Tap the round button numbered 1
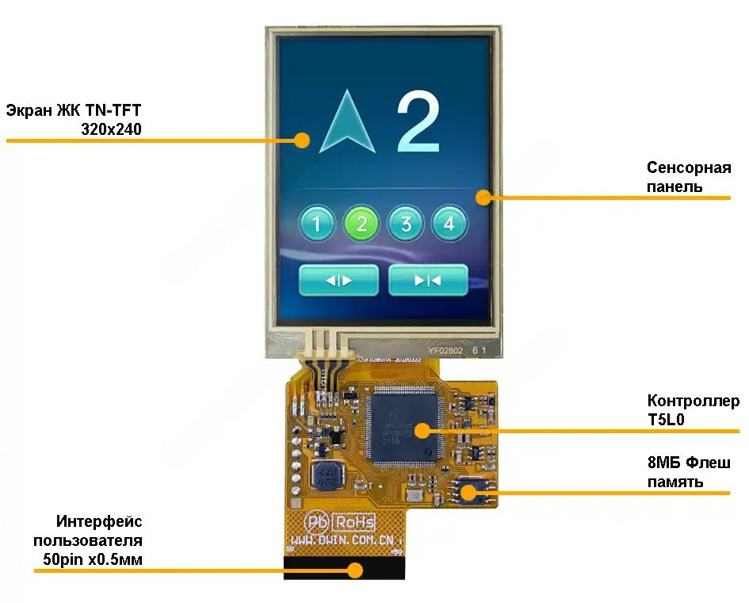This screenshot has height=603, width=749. tap(317, 225)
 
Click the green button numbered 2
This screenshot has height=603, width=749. tap(361, 225)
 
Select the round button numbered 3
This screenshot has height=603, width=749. tap(406, 225)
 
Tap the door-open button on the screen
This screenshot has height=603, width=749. tap(338, 280)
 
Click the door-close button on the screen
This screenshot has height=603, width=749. tap(428, 280)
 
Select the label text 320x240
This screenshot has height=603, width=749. tap(111, 129)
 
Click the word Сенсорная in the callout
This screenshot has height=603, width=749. tap(688, 168)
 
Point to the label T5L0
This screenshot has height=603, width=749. tap(667, 421)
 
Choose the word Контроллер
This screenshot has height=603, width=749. tap(693, 401)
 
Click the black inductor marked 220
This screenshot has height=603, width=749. tap(326, 475)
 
